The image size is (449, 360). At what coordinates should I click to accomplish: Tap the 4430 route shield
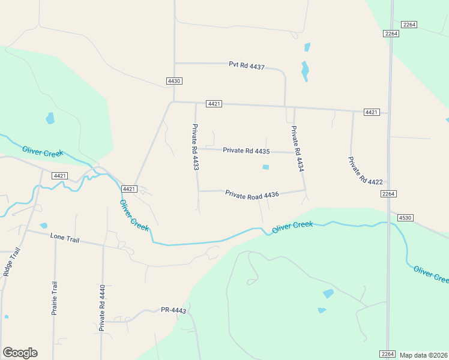tap(174, 80)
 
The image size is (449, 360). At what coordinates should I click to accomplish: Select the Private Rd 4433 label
tap(195, 147)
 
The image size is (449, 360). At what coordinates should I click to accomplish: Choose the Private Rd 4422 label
tap(365, 170)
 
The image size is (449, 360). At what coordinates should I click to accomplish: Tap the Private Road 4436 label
tap(252, 194)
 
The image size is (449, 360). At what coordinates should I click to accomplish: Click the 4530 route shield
tap(403, 218)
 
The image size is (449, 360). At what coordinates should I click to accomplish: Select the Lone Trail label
tap(65, 239)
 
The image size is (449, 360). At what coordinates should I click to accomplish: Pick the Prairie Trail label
tap(54, 298)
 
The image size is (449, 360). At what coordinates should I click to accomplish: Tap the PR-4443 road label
tap(173, 310)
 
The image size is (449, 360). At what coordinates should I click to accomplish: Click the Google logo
tap(20, 353)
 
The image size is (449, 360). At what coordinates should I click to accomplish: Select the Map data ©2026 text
tap(424, 355)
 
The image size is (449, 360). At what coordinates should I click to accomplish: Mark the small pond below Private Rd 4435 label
tap(266, 167)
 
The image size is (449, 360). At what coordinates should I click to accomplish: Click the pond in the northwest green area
tap(50, 118)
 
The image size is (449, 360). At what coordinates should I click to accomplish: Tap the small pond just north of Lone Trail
tap(43, 226)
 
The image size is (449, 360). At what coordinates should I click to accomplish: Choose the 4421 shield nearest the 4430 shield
tap(214, 104)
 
